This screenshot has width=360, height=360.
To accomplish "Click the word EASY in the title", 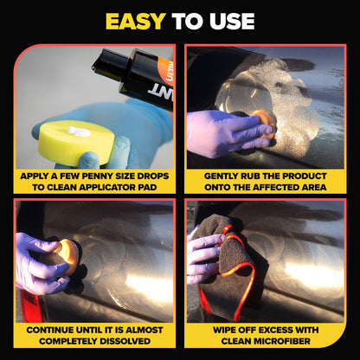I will (x=133, y=21).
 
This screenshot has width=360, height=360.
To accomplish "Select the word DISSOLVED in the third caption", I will (x=120, y=342).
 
